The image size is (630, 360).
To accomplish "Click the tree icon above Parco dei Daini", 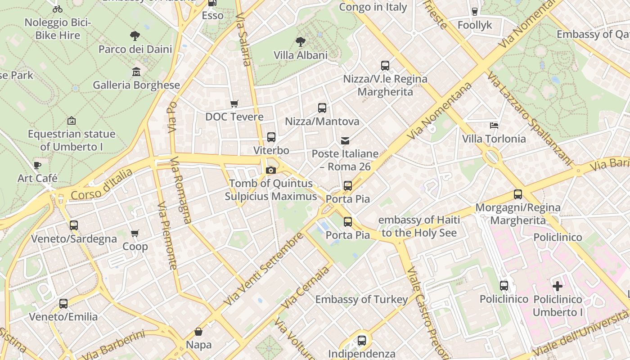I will [x=135, y=36].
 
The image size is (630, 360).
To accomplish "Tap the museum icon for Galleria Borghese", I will [x=136, y=72].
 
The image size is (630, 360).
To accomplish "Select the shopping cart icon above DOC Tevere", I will [x=234, y=104].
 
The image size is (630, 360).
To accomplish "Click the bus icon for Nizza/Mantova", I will [x=322, y=108].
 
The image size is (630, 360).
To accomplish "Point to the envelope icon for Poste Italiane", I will [x=345, y=141].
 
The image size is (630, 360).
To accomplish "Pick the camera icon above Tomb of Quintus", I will [x=270, y=170].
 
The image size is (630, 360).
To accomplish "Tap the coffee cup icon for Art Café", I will [x=37, y=165].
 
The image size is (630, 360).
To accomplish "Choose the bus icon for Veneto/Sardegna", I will [x=74, y=225].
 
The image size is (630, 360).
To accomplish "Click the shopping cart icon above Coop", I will [x=135, y=233].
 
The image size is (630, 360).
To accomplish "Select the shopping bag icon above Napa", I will [x=198, y=332].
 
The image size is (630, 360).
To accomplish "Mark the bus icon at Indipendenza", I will [x=362, y=341].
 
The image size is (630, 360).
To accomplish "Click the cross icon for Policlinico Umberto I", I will [x=558, y=286].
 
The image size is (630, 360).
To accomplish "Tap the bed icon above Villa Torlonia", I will [x=494, y=126].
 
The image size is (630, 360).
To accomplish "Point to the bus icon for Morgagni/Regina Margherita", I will [x=518, y=194].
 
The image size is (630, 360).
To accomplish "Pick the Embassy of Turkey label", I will [x=361, y=299].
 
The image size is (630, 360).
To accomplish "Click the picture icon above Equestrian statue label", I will [x=71, y=121].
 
